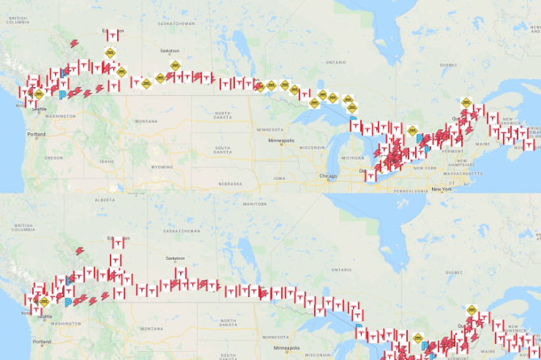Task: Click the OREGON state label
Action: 53,157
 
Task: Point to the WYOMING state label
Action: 161,166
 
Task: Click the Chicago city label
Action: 328,175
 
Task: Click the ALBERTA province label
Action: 106,199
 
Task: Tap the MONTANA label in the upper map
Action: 146,121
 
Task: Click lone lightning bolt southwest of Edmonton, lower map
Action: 80,250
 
